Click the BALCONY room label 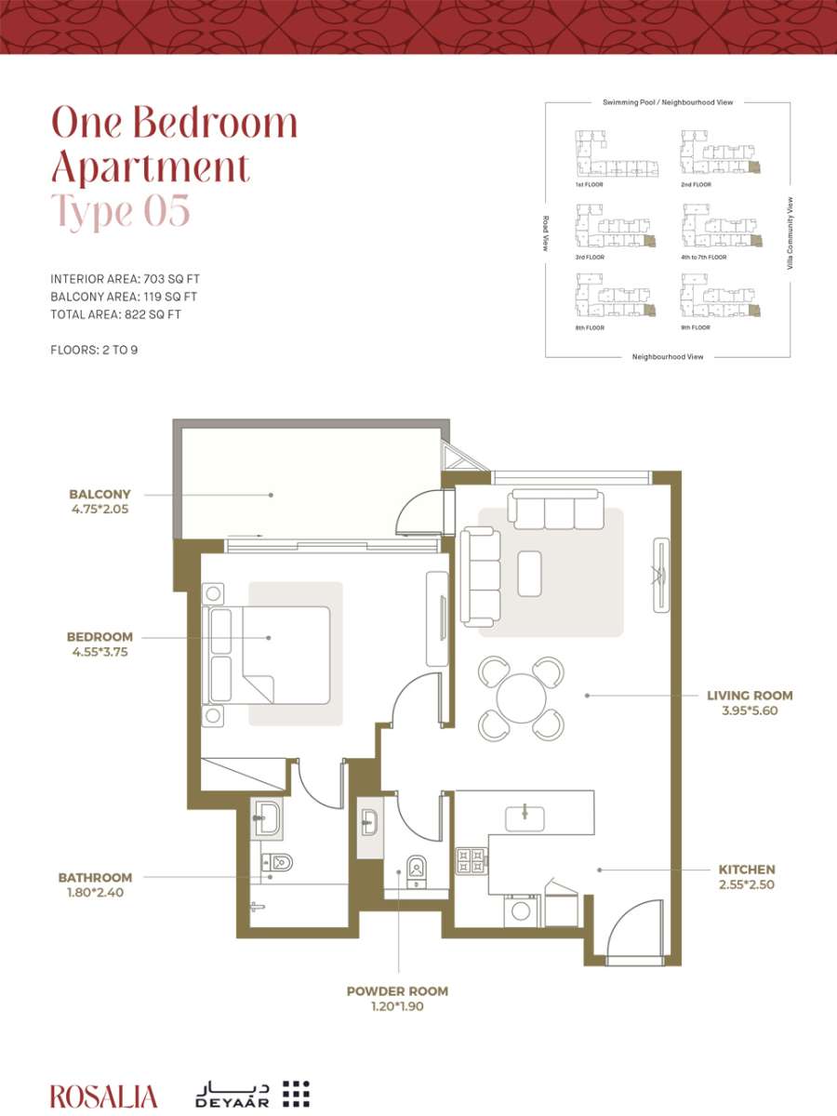click(100, 494)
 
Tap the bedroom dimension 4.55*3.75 click(100, 652)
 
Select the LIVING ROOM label click(750, 695)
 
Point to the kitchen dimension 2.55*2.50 click(747, 884)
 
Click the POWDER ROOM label click(397, 991)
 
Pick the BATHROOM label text click(95, 878)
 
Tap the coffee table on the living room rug click(529, 574)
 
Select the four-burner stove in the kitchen click(472, 860)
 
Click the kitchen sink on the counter click(525, 818)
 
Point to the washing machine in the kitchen click(522, 911)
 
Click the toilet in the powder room click(417, 871)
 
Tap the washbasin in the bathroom click(266, 818)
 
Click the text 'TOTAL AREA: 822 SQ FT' click(116, 314)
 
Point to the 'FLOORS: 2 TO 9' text click(94, 350)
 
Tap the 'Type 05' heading click(121, 210)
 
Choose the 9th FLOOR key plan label click(696, 328)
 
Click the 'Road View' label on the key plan click(545, 233)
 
